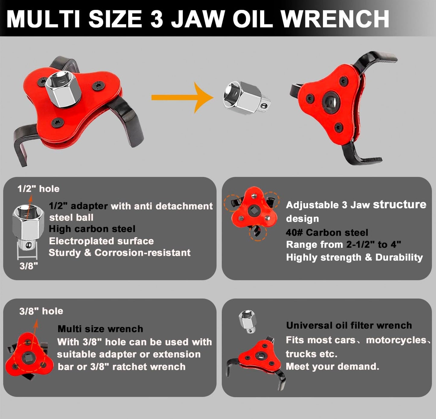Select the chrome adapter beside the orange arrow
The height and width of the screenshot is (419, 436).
click(x=246, y=99)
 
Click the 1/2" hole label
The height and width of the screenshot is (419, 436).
click(x=38, y=189)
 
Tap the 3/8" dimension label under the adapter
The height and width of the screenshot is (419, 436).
click(x=29, y=266)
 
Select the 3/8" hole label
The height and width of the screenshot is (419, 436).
click(x=41, y=311)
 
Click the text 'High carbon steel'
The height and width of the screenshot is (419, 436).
click(x=92, y=229)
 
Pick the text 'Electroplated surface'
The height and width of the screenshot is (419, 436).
click(x=101, y=241)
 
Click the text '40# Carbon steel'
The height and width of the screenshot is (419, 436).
click(x=327, y=232)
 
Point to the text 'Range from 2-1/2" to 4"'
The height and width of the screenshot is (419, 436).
click(x=343, y=244)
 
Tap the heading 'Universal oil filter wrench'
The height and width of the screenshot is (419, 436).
click(x=349, y=325)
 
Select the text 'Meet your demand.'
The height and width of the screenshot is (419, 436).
click(x=332, y=366)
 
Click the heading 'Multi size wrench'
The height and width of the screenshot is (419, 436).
click(x=100, y=329)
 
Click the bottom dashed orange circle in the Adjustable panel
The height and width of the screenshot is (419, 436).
click(x=258, y=233)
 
